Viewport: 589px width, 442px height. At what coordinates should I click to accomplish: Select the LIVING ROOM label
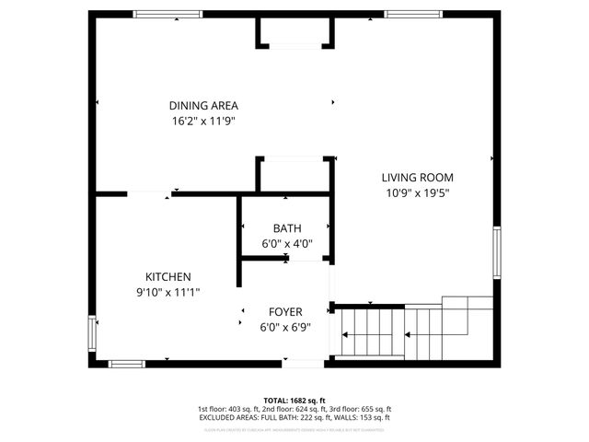click(418, 178)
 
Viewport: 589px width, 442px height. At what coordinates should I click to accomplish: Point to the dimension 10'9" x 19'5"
click(418, 193)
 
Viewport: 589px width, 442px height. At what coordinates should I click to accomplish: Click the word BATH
click(286, 228)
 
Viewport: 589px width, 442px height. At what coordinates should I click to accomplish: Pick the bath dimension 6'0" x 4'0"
click(286, 244)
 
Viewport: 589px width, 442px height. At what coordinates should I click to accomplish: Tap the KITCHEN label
click(167, 276)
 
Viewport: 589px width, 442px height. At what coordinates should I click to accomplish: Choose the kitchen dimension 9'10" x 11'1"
click(167, 292)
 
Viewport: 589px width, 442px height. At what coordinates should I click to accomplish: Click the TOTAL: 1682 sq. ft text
click(294, 401)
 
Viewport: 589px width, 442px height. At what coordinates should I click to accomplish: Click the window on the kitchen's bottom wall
click(127, 364)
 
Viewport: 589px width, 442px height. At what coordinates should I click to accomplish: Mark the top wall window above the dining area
click(163, 14)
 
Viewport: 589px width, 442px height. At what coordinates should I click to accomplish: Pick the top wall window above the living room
click(410, 14)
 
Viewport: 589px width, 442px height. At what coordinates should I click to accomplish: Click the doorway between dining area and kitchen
click(147, 193)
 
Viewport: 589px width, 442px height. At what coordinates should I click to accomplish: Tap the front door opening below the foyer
click(295, 363)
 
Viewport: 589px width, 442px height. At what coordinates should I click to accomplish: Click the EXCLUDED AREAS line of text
click(294, 417)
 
